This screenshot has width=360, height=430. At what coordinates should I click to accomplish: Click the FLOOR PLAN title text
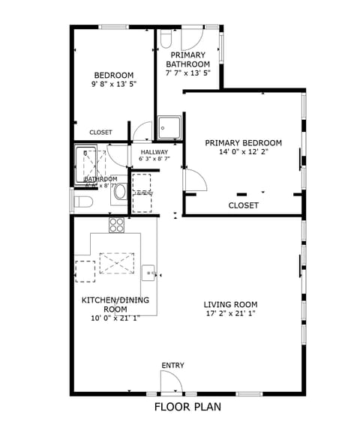coord(187,408)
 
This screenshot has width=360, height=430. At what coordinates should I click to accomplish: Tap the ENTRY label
coord(172,366)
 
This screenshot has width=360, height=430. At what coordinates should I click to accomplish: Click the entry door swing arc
coord(173,382)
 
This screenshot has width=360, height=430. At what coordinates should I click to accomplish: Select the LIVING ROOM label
coord(230,304)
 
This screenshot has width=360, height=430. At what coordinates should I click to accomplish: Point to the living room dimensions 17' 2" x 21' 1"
coord(230,314)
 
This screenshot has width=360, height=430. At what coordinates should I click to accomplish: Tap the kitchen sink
coord(149,272)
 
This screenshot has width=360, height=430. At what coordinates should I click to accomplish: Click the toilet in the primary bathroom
coord(166,37)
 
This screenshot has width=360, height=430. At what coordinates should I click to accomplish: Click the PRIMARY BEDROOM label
coord(243,143)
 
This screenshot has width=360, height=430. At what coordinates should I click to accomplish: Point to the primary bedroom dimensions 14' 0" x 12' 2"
coord(243,152)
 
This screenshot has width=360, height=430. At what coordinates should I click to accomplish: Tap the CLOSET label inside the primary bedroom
coord(243,205)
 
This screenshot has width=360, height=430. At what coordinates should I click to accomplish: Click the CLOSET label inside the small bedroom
coord(100,133)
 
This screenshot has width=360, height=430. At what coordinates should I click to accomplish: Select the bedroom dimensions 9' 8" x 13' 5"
coord(113,85)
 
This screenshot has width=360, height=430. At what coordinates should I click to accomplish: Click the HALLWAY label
coord(154,152)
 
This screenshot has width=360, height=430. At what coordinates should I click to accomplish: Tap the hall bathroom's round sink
coord(120,193)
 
